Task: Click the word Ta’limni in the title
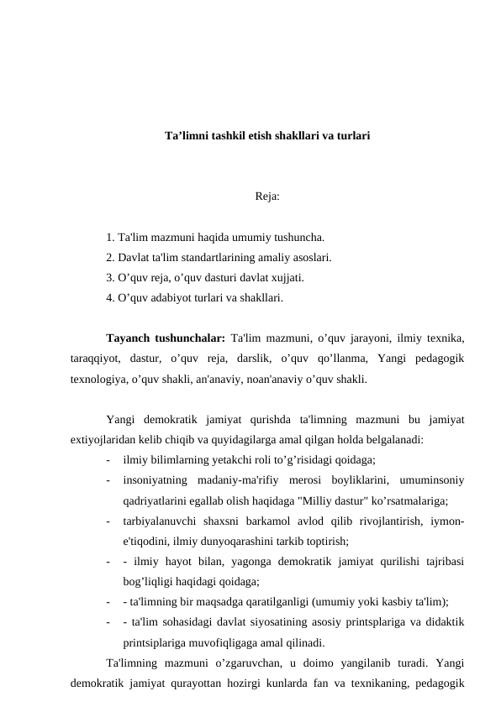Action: [x=187, y=134]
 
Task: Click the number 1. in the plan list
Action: [x=111, y=237]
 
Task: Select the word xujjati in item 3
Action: [x=286, y=277]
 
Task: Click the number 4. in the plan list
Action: [x=111, y=297]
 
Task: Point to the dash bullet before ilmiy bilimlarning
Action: [x=109, y=459]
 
